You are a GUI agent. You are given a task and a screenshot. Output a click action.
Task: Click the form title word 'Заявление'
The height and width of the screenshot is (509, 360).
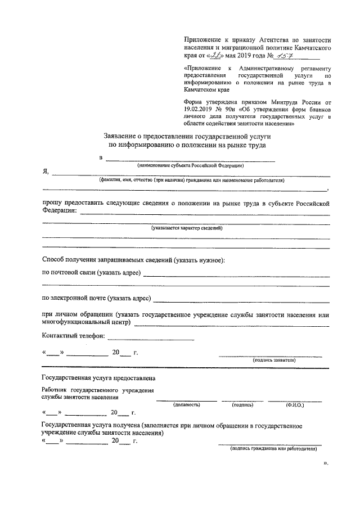(123, 136)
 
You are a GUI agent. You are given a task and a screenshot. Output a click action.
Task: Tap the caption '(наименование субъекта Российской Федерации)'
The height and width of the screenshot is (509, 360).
(191, 166)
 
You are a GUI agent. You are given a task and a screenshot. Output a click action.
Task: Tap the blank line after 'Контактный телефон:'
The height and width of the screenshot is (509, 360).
(151, 339)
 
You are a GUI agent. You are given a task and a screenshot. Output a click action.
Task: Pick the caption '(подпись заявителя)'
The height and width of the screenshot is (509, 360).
(274, 359)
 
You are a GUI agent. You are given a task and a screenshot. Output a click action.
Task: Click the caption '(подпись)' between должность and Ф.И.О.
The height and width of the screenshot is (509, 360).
(242, 404)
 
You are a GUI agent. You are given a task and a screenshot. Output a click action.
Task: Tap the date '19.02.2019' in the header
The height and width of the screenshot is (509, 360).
(201, 109)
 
